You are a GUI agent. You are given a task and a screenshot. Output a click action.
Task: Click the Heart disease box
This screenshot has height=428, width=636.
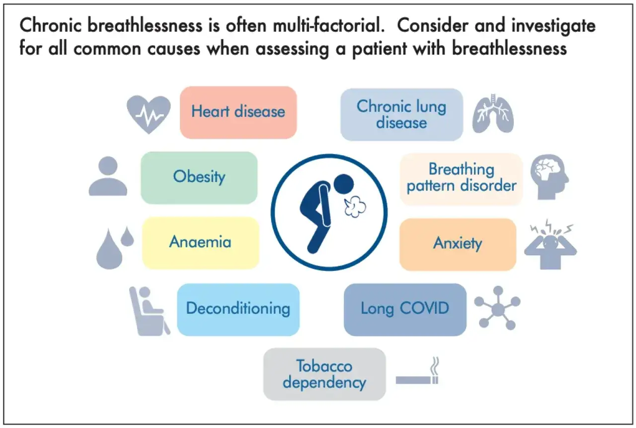coord(238,112)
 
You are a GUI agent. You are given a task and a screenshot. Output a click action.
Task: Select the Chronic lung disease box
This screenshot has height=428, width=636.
coord(402,114)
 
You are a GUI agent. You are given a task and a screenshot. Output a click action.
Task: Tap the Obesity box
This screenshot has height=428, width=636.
coord(199,178)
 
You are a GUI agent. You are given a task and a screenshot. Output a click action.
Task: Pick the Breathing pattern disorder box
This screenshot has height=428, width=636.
coord(462,179)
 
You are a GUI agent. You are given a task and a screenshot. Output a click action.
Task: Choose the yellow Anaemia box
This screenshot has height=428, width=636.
coord(201,243)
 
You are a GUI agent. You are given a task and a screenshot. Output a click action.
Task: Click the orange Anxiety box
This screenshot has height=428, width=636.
coord(458,245)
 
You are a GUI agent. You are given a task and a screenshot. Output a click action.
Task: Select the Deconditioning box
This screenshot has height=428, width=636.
coord(238,310)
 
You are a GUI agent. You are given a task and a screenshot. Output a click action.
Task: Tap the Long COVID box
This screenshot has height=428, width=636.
coord(405,310)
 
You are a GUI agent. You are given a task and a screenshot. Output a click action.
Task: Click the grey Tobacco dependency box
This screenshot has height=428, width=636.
coord(324,374)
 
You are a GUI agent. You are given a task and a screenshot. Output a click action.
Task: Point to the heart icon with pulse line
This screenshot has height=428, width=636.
coord(149,114)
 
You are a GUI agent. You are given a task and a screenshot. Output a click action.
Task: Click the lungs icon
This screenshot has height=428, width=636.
coord(493,113)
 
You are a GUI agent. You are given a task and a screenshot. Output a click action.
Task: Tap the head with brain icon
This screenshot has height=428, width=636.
coord(550,176)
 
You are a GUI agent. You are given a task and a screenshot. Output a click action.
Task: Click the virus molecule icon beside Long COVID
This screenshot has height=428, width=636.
coord(497,308)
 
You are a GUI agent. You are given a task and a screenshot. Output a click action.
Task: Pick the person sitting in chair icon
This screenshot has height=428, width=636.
coord(150,311)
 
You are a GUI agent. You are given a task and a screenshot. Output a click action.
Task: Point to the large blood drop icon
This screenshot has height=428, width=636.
coord(109,250)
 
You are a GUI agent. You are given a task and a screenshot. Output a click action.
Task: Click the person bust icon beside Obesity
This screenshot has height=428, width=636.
coord(108,176)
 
